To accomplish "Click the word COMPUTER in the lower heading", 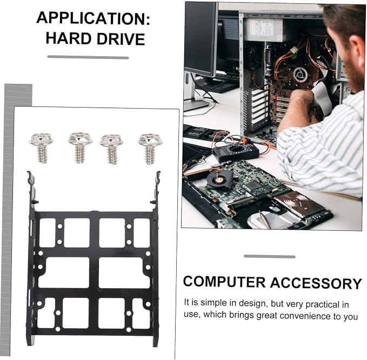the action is click(x=224, y=282).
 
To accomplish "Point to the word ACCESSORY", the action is click(x=316, y=283).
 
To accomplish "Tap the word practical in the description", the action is click(x=322, y=304).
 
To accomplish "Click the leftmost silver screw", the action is click(x=42, y=148).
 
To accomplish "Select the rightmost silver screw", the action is click(x=150, y=149).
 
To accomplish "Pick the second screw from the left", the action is click(x=81, y=148).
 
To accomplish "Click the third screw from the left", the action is click(x=112, y=149).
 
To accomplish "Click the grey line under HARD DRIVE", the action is click(x=88, y=57).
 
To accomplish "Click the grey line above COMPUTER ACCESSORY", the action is click(x=270, y=256).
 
